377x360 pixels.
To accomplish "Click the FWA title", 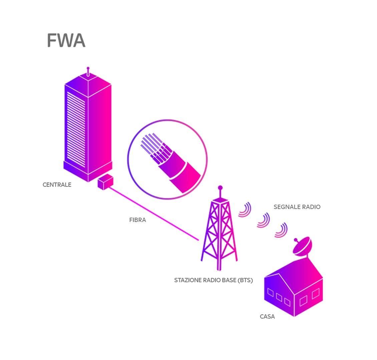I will point(66,41).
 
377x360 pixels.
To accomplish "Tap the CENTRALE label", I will point(57,185).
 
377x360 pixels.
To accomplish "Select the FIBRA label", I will point(137,220).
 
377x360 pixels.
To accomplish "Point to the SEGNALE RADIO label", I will point(297,207).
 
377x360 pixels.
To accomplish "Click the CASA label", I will point(267,316).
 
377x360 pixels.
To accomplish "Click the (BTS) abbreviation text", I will point(245,280).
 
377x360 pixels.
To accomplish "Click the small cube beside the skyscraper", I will point(105,182).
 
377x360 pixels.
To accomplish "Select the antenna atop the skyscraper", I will point(88,71).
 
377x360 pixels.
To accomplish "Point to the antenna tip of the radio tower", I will point(220,188).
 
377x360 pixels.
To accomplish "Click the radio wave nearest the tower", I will point(245,210).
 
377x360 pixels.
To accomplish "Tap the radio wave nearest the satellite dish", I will point(282,230).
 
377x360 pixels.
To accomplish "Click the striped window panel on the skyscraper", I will point(76,128).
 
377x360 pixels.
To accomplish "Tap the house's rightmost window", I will point(315,294).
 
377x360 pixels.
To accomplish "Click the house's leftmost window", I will point(271,293).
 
